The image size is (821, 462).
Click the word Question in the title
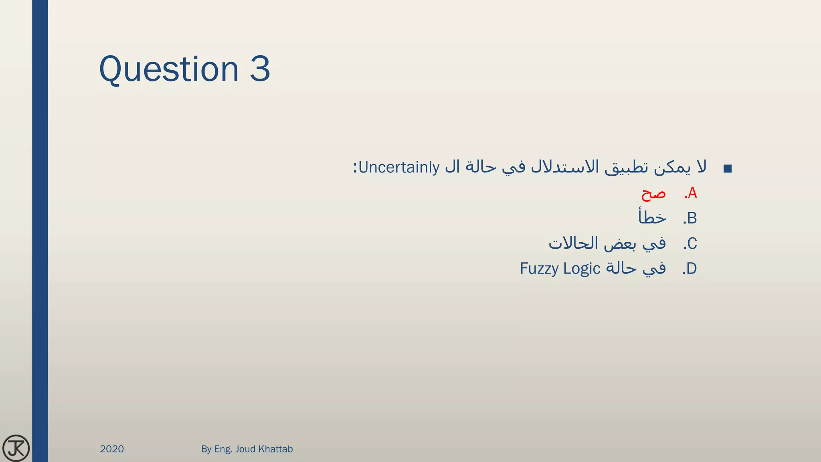point(168,69)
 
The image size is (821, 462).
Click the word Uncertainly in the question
point(399,167)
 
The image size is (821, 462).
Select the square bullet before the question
point(728,169)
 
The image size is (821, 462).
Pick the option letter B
point(692,219)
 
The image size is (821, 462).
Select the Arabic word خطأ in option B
point(652,217)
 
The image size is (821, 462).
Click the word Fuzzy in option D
point(540,269)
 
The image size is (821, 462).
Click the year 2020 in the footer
point(112,449)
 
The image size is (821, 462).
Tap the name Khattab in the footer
point(277,449)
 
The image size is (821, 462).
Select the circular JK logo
point(16,448)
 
